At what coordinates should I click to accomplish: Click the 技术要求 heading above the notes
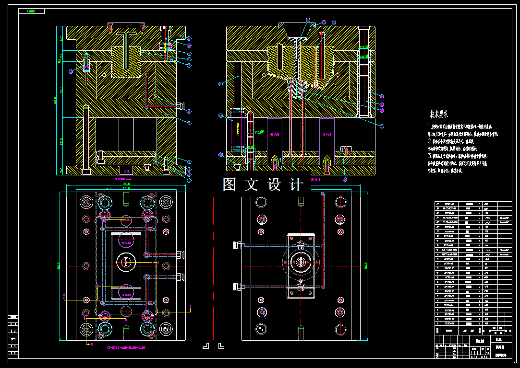click(x=439, y=114)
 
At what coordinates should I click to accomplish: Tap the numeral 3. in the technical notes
click(x=430, y=156)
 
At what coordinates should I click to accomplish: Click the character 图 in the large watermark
click(x=230, y=185)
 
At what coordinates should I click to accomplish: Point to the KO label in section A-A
click(x=126, y=171)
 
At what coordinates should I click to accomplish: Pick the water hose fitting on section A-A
click(x=181, y=106)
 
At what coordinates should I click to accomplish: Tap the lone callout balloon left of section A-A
click(x=71, y=71)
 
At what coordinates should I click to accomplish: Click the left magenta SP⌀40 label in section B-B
click(x=275, y=135)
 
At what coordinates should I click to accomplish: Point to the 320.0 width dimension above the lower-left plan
click(x=126, y=184)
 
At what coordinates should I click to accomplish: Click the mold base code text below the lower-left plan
click(x=126, y=347)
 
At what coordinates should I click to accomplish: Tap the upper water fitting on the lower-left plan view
click(x=181, y=254)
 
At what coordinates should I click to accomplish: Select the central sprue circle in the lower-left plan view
click(x=126, y=262)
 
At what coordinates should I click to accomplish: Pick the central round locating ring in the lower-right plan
click(x=301, y=263)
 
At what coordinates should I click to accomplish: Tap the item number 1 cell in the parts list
click(x=437, y=323)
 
